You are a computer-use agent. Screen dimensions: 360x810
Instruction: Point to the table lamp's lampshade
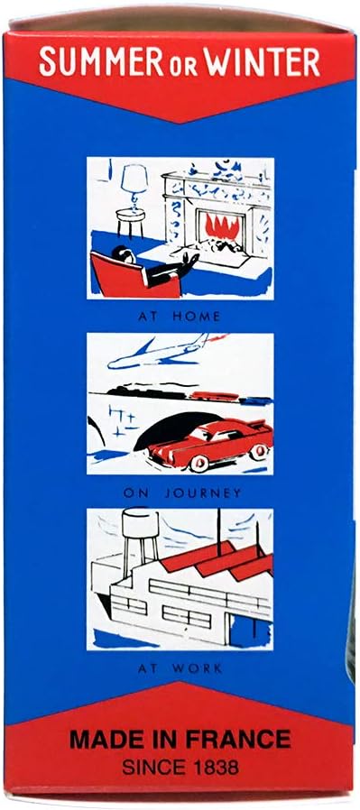(134, 179)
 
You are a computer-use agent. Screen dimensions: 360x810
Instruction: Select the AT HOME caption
(180, 317)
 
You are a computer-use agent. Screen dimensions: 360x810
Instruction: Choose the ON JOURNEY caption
(182, 493)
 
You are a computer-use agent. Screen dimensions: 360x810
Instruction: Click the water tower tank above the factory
(140, 524)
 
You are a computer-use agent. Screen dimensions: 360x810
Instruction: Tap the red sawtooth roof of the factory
(217, 560)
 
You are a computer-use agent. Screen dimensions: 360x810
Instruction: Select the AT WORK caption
(180, 668)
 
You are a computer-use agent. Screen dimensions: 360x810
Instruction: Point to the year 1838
(214, 767)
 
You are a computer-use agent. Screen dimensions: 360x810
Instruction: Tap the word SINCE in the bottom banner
(152, 767)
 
